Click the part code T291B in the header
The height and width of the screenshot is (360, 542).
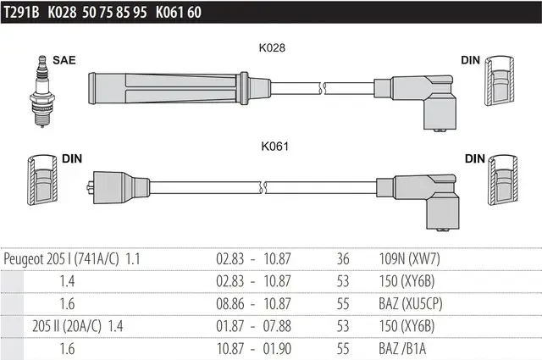tap(21, 13)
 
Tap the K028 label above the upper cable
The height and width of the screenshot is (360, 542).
tap(272, 47)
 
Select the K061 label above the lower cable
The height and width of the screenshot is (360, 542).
tap(274, 147)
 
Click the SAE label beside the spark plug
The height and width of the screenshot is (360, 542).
tap(64, 60)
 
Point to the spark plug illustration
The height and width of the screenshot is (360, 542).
tap(42, 91)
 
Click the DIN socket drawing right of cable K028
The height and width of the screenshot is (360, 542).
tap(499, 80)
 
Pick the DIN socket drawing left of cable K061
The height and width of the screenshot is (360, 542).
tap(42, 180)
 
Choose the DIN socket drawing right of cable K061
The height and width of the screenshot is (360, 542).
tap(502, 180)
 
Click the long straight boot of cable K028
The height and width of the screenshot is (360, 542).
tap(179, 89)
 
